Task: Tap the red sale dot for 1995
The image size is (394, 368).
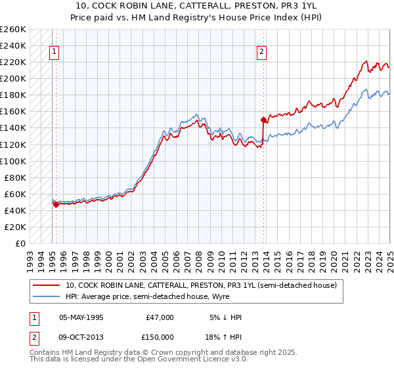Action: [x=56, y=204]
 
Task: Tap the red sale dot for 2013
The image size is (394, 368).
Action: [x=263, y=120]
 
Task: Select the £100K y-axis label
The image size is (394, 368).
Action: [x=13, y=161]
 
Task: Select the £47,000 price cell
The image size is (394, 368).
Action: [x=160, y=317]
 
